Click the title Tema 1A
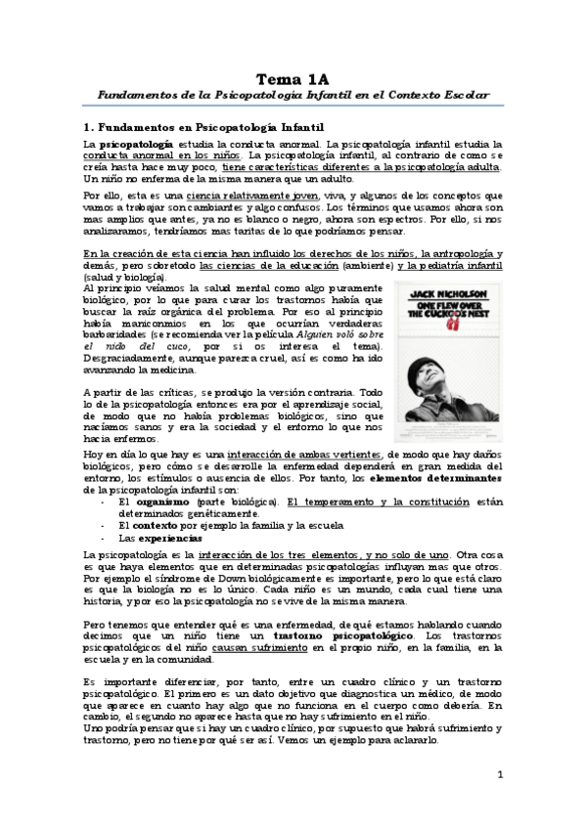click(x=293, y=78)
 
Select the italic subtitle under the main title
click(x=293, y=97)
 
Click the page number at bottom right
click(x=499, y=775)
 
